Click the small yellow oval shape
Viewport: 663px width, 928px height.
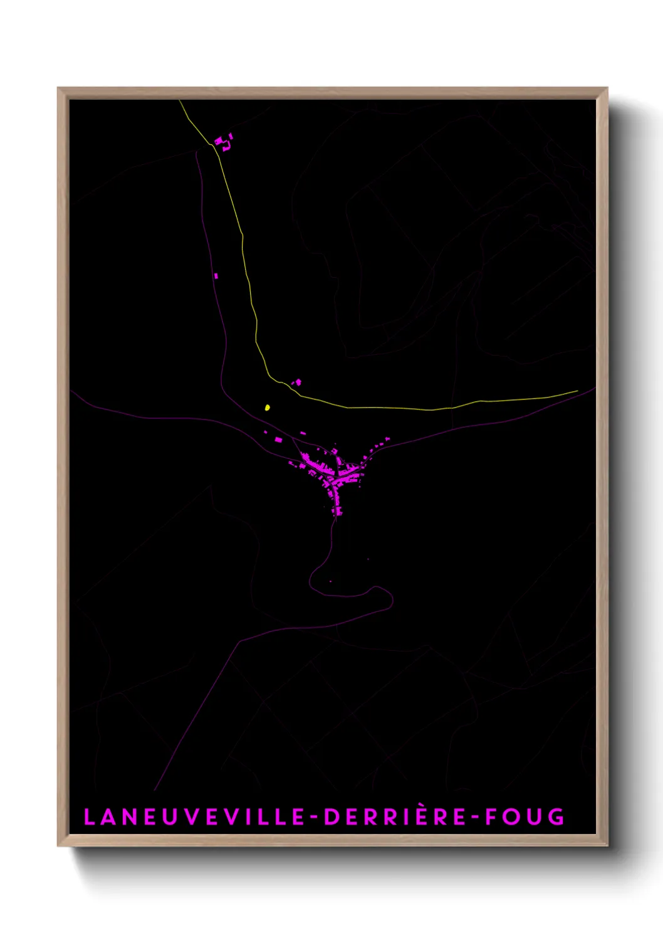tap(268, 408)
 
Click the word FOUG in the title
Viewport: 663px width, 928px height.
tap(525, 817)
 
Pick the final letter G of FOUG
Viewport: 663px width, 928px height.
tap(557, 817)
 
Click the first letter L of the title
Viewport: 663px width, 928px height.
tap(89, 817)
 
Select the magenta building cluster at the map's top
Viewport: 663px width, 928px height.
tap(222, 143)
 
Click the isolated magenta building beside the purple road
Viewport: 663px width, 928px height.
tap(216, 276)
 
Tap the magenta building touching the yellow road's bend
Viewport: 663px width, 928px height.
tap(298, 381)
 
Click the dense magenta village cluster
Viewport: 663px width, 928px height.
tap(329, 473)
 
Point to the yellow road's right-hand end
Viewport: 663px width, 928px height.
tap(577, 391)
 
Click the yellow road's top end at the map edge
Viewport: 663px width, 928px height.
tap(179, 100)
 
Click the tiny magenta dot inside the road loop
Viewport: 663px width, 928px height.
tap(331, 581)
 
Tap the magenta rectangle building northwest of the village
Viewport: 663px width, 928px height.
tap(278, 440)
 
